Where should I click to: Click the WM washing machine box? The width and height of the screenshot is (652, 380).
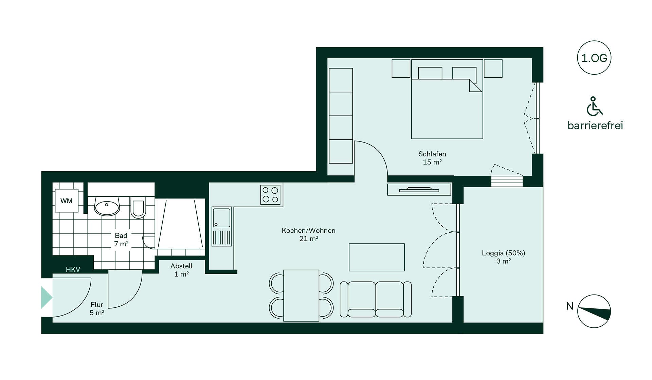click(67, 201)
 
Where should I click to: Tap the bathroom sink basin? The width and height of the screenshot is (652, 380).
click(107, 206)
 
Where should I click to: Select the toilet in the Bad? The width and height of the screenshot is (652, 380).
click(138, 207)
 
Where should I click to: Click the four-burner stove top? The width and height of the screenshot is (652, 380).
click(270, 195)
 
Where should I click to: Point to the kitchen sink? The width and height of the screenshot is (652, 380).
click(221, 226)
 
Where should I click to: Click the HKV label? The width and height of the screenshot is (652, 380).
click(73, 270)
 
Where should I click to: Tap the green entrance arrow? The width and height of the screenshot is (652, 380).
click(47, 298)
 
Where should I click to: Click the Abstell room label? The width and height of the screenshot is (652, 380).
click(181, 270)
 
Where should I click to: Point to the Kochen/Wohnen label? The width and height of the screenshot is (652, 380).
click(309, 234)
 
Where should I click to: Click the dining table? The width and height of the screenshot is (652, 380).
click(301, 296)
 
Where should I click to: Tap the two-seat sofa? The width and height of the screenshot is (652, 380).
click(376, 299)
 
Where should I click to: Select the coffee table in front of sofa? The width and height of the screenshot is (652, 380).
click(377, 257)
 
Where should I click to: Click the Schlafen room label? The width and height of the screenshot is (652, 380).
click(432, 158)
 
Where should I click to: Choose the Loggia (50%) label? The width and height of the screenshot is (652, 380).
click(504, 257)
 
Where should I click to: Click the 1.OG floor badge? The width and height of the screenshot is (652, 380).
click(594, 58)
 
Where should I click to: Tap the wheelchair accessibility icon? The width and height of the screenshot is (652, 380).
click(594, 106)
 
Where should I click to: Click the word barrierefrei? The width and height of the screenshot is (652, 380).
click(595, 126)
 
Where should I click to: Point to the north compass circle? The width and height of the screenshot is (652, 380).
click(594, 311)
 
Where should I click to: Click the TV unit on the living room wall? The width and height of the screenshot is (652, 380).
click(419, 189)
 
